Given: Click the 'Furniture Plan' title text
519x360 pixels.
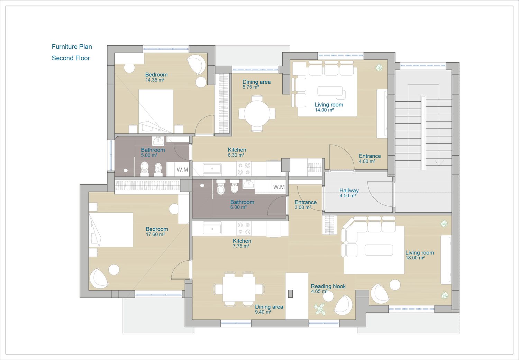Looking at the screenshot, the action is (x=72, y=47).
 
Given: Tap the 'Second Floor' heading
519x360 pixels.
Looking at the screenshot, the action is (x=71, y=58).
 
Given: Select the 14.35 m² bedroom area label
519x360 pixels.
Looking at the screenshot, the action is (x=155, y=80).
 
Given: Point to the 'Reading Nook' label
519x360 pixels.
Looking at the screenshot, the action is (x=328, y=286).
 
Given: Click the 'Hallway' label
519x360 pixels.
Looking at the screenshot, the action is (x=349, y=190).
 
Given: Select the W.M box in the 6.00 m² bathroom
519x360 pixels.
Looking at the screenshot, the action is (x=279, y=187).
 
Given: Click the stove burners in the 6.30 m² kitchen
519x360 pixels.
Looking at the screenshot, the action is (x=244, y=169).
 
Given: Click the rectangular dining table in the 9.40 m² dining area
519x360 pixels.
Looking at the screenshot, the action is (x=239, y=289).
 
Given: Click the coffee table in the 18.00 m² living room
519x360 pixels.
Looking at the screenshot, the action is (x=379, y=250).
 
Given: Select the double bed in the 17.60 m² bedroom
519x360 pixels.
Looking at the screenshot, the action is (x=111, y=230).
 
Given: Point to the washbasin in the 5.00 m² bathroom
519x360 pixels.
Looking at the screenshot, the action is (x=158, y=140).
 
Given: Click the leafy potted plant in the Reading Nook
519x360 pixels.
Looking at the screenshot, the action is (x=320, y=309).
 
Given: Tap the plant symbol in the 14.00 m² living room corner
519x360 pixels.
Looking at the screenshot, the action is (x=379, y=67).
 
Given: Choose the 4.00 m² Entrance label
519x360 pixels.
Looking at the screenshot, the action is (x=370, y=159).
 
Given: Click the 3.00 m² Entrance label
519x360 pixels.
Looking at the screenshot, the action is (x=306, y=205).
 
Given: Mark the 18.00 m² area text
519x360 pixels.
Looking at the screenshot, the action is (x=415, y=258).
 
